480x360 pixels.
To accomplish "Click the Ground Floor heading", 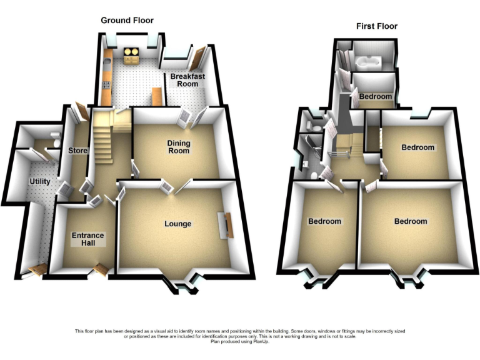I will (x=127, y=21).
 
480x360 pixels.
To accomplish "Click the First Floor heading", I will (x=377, y=26).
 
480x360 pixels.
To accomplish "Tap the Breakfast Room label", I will (x=188, y=80).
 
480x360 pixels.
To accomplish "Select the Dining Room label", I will (x=178, y=147).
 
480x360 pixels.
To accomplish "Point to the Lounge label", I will (x=177, y=224).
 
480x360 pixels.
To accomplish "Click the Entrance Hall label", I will (x=88, y=239).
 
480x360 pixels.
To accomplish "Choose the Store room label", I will (x=77, y=151).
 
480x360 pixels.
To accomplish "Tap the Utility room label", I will (x=40, y=182).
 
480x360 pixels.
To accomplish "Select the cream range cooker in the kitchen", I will (x=132, y=56).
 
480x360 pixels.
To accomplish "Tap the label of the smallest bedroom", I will (x=375, y=97).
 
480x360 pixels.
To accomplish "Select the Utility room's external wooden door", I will (x=37, y=270).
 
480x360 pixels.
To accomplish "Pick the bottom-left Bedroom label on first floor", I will (x=324, y=221).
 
